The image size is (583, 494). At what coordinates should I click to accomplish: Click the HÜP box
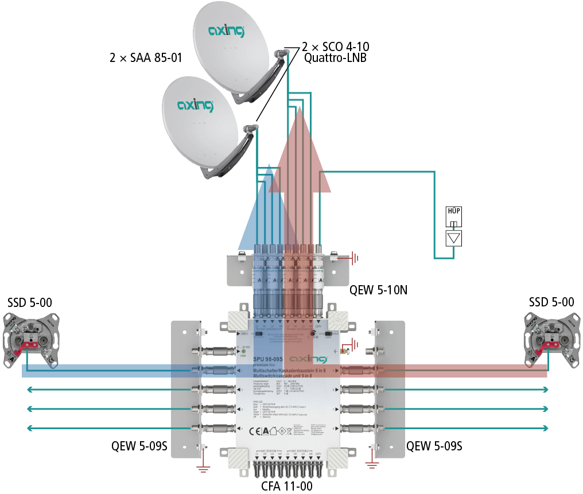[453, 217]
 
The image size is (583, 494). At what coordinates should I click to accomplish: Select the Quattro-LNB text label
[335, 58]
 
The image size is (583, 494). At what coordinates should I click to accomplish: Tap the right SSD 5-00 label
[550, 302]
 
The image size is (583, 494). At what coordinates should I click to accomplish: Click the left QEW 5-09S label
[139, 445]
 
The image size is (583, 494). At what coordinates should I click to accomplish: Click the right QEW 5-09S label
[434, 445]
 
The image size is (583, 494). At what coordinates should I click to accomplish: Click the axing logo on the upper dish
[226, 30]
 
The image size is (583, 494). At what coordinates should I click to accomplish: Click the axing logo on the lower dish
[195, 105]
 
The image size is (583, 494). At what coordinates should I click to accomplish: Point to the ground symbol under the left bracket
[202, 469]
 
